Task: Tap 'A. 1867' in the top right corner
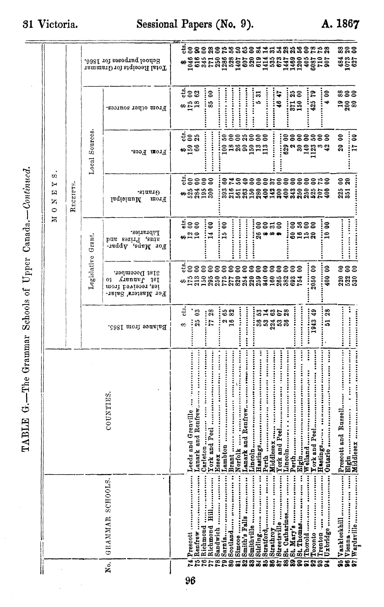coord(340,24)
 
